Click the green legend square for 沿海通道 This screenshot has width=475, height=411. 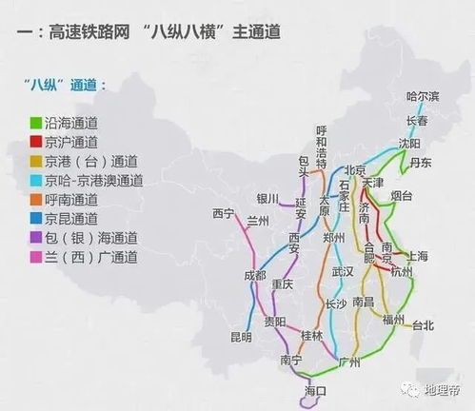[x=34, y=122]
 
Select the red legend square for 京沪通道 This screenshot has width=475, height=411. [x=34, y=141]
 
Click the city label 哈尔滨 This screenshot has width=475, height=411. [x=424, y=96]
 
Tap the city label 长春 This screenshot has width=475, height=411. [x=418, y=121]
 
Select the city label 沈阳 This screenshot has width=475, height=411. [x=409, y=143]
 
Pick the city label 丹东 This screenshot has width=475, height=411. [x=420, y=163]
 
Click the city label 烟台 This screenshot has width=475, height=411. [x=402, y=196]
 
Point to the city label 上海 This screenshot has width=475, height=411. [x=417, y=256]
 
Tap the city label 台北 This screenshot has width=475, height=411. [x=422, y=325]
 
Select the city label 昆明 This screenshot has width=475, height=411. [x=241, y=337]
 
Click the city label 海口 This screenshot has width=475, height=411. [x=315, y=391]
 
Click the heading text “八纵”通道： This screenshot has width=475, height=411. [x=67, y=85]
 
